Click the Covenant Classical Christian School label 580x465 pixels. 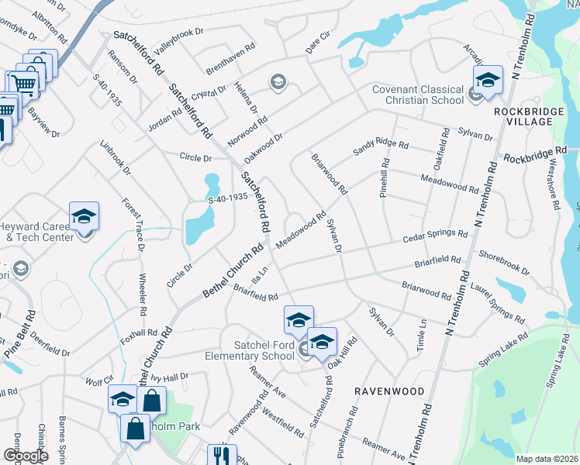[x=419, y=95]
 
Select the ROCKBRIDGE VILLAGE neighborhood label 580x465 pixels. [x=527, y=119]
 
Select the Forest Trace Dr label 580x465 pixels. [x=133, y=225]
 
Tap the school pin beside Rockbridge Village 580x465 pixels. [x=488, y=80]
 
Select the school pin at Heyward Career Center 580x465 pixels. [x=84, y=216]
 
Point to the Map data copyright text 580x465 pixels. [x=547, y=459]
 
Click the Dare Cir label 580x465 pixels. [x=318, y=42]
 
